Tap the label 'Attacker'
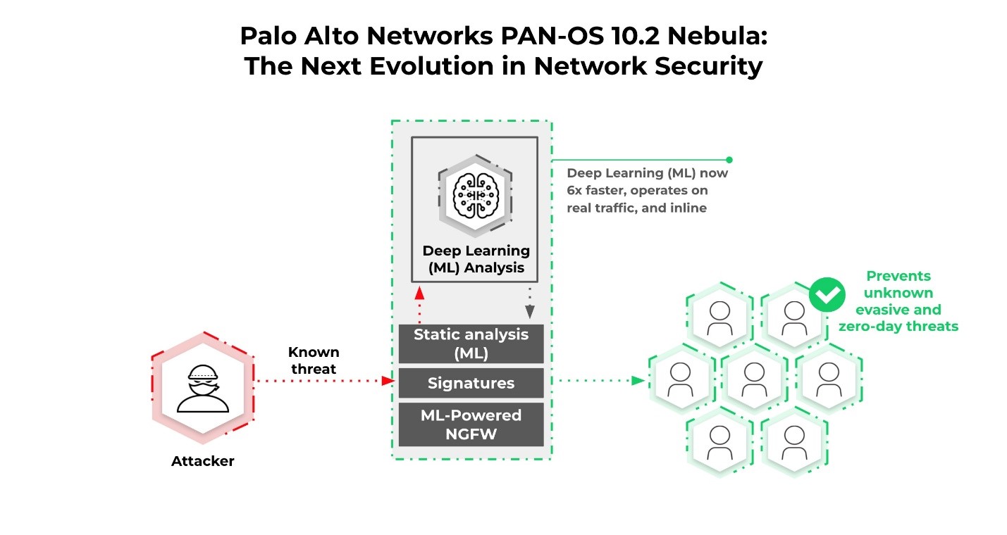203,462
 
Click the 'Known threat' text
313,360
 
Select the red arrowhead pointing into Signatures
387,381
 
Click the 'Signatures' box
471,383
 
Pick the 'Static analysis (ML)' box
471,344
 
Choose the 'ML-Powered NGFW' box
471,424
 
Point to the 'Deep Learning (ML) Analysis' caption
476,259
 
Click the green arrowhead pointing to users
638,381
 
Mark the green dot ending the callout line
729,160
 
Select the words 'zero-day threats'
898,326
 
